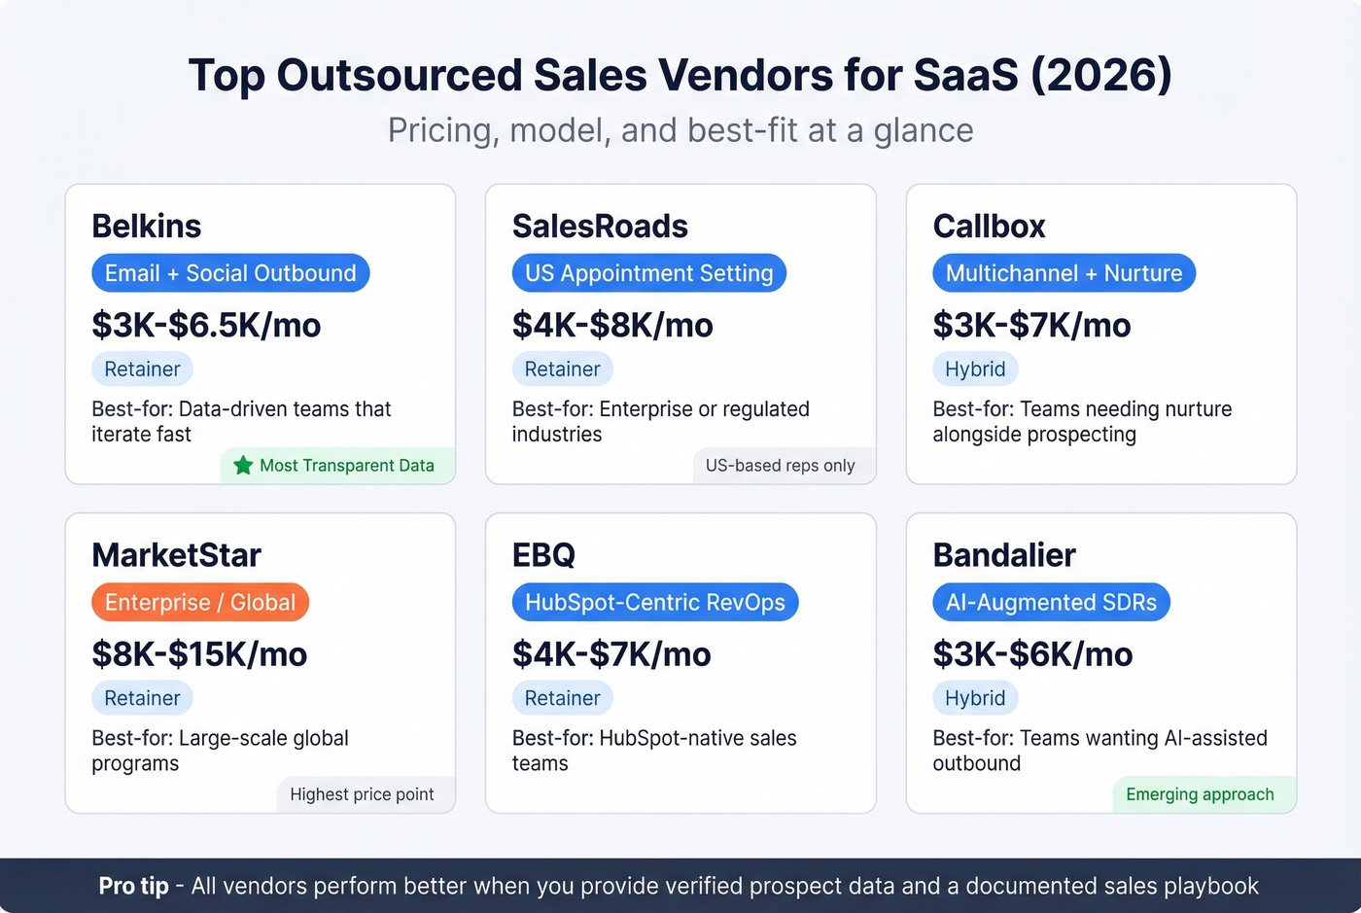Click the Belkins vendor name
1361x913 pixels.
pyautogui.click(x=147, y=227)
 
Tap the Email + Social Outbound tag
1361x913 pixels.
pyautogui.click(x=230, y=273)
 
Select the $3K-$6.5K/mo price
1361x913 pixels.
pyautogui.click(x=206, y=326)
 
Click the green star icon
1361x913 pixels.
pyautogui.click(x=243, y=466)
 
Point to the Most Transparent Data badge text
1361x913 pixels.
pyautogui.click(x=346, y=466)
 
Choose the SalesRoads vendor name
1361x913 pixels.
pyautogui.click(x=600, y=227)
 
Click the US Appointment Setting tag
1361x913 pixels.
pyautogui.click(x=648, y=273)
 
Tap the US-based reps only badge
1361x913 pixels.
pyautogui.click(x=780, y=466)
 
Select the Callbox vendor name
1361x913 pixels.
pyautogui.click(x=989, y=227)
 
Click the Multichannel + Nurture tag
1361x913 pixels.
pyautogui.click(x=1064, y=273)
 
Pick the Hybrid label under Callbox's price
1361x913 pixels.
pyautogui.click(x=975, y=369)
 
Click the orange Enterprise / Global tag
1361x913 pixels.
pyautogui.click(x=200, y=603)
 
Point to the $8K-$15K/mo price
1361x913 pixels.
pyautogui.click(x=199, y=654)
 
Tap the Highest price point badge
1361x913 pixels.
pyautogui.click(x=362, y=794)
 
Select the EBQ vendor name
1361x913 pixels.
pyautogui.click(x=543, y=555)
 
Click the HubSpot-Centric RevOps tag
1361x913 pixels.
pyautogui.click(x=654, y=603)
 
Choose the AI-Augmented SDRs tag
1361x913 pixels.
pyautogui.click(x=1051, y=603)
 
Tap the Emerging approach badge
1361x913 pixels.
pyautogui.click(x=1200, y=794)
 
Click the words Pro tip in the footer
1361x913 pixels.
pyautogui.click(x=133, y=887)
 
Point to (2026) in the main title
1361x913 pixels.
pyautogui.click(x=1100, y=76)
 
